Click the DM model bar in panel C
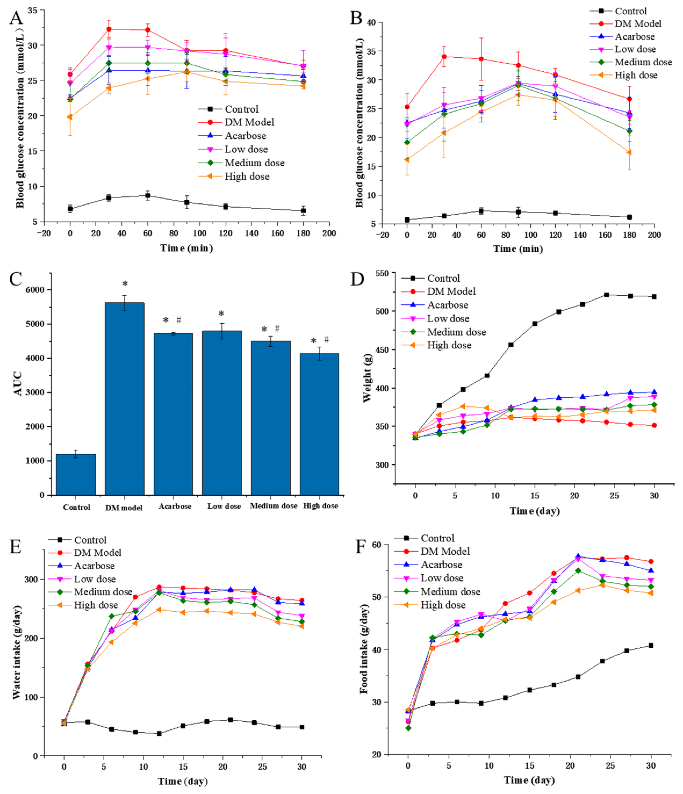125,398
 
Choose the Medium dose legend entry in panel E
103,592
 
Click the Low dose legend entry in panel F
442,578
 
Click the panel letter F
361,547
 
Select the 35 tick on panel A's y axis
32,10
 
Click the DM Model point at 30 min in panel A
109,29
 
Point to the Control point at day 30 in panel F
651,646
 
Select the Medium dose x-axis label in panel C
274,506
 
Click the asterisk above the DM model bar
125,284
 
